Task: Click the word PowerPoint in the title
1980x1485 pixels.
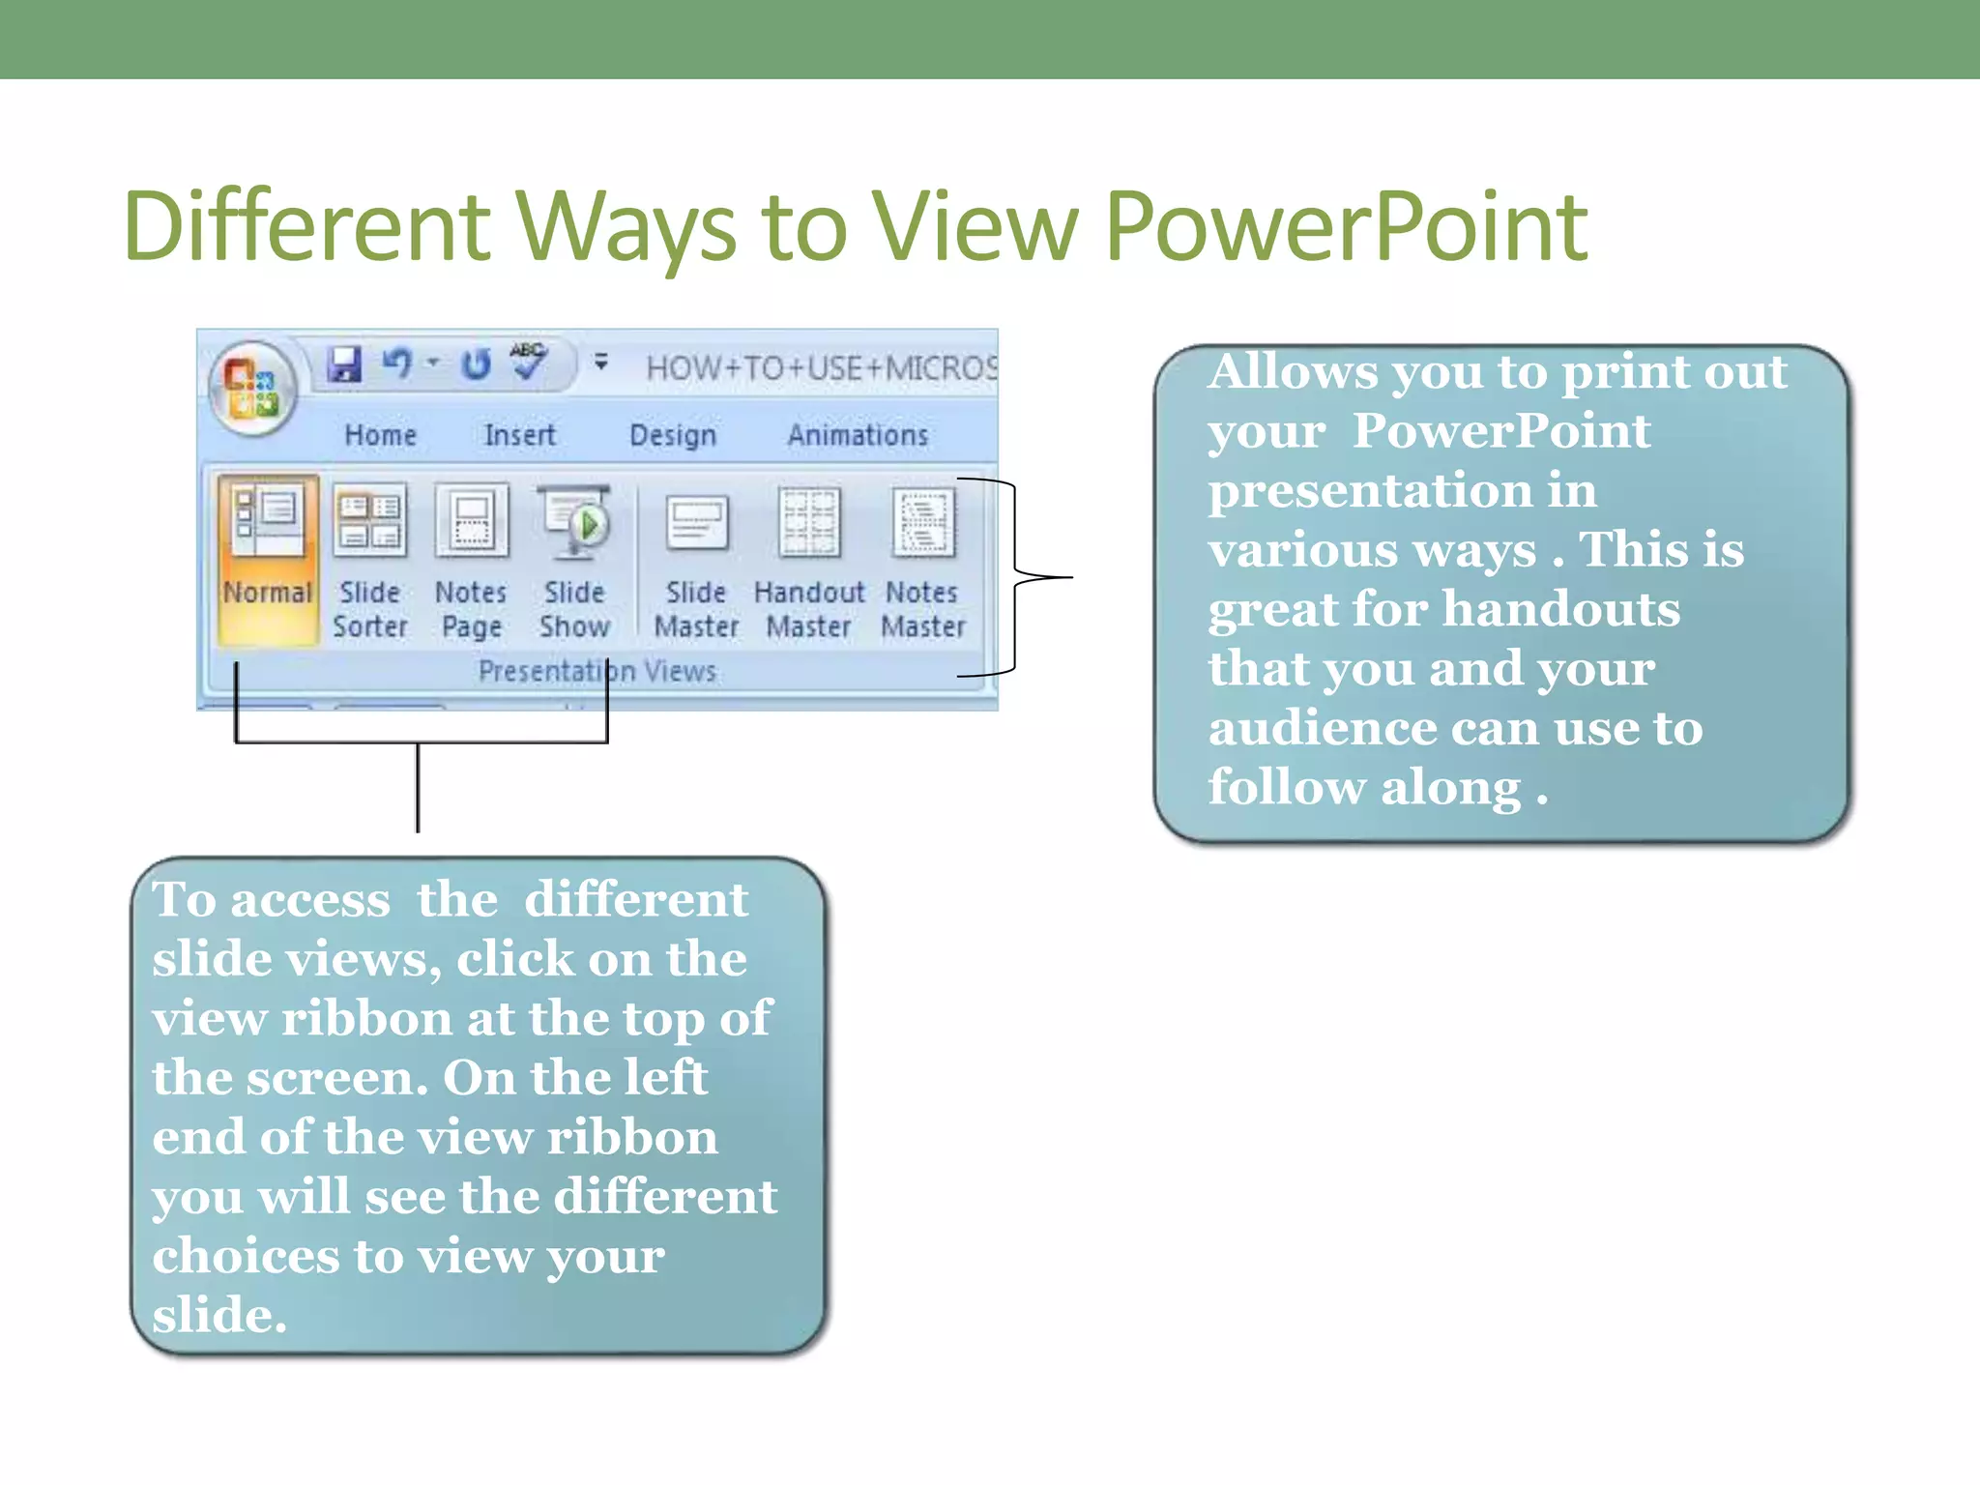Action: tap(1346, 228)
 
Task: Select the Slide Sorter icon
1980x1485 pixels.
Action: tap(370, 561)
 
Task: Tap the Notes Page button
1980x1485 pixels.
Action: tap(472, 561)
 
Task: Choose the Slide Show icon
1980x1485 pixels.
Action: tap(575, 561)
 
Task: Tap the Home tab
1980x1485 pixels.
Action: tap(381, 436)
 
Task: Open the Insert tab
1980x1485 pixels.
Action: tap(520, 436)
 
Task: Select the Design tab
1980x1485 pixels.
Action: tap(673, 436)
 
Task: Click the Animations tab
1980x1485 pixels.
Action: tap(859, 436)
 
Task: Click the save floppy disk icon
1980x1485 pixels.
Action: tap(344, 365)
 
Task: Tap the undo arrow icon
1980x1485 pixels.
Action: tap(397, 364)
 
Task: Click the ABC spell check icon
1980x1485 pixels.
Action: tap(529, 362)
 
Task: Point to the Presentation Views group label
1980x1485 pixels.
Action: tap(597, 671)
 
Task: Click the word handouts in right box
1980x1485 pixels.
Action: tap(1561, 610)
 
